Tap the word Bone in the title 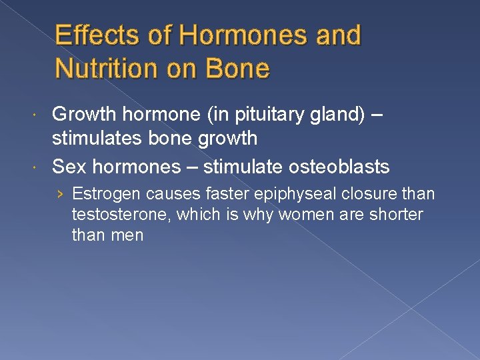click(x=237, y=68)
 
